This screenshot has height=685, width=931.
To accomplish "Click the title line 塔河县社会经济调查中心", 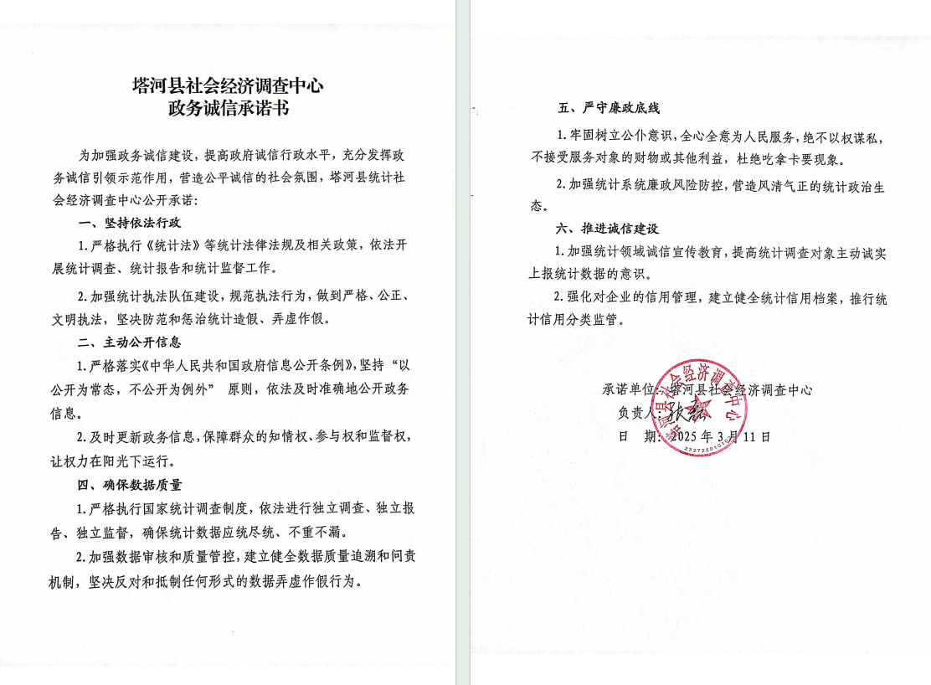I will point(228,85).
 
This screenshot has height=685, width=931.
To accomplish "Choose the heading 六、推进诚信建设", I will point(610,229).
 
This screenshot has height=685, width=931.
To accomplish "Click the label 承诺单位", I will point(629,389).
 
